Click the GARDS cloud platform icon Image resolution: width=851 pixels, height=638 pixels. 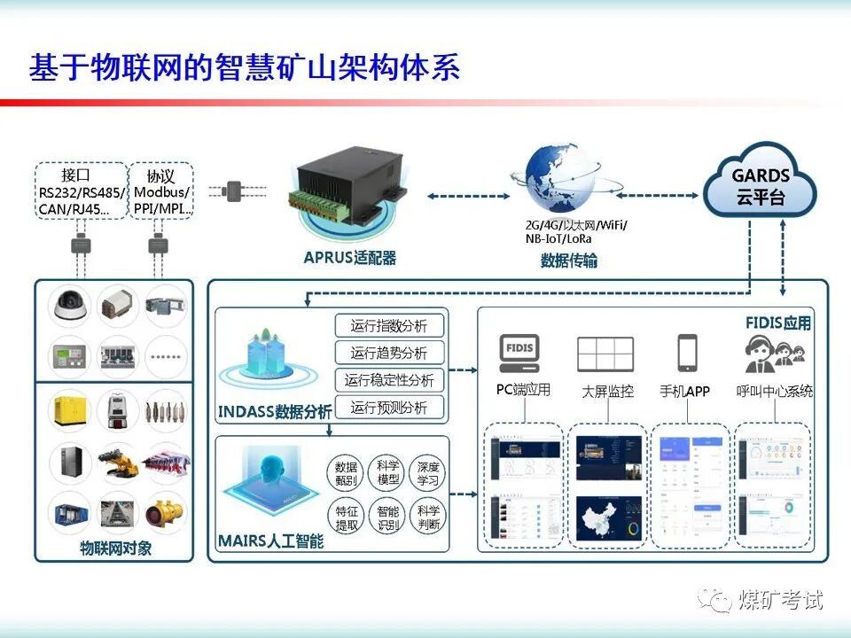click(760, 183)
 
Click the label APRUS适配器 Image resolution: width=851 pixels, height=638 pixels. click(349, 258)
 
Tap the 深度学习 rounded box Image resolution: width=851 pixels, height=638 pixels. click(428, 473)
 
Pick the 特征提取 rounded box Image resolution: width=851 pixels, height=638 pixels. click(347, 517)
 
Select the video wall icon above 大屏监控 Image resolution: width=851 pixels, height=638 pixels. click(605, 354)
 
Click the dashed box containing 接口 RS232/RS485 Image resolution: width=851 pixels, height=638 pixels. click(81, 191)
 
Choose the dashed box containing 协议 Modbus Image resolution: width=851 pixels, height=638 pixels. click(161, 191)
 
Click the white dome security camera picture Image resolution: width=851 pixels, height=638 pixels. click(67, 305)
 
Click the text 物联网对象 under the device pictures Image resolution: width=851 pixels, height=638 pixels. click(114, 548)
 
